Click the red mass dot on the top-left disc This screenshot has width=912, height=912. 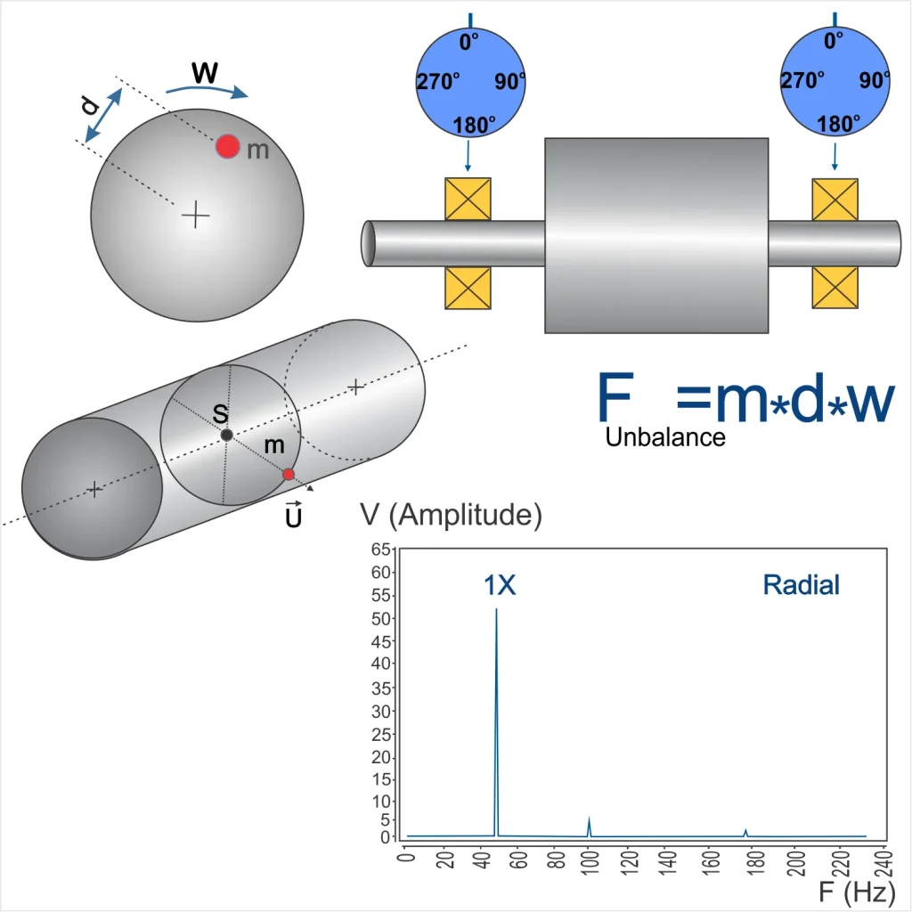[227, 146]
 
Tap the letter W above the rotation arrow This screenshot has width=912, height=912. [205, 73]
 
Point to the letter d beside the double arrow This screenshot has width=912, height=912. [90, 105]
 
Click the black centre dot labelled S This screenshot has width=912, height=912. [227, 435]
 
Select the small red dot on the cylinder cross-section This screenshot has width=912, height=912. [288, 475]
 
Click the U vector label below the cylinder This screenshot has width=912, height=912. [294, 514]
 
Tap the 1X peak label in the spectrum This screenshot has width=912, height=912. [500, 585]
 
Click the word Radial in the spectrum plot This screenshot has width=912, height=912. [801, 585]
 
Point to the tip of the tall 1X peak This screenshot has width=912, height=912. [496, 609]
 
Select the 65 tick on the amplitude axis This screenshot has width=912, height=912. [380, 549]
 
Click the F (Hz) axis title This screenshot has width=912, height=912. [857, 891]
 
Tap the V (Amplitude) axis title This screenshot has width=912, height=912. [451, 515]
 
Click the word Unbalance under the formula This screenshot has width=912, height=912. [664, 436]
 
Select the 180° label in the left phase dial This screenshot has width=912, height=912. [474, 125]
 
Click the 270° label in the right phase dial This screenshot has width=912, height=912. [802, 80]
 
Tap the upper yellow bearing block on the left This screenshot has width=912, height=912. [468, 199]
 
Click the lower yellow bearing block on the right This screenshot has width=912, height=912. [835, 287]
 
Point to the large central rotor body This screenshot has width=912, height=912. [656, 235]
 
